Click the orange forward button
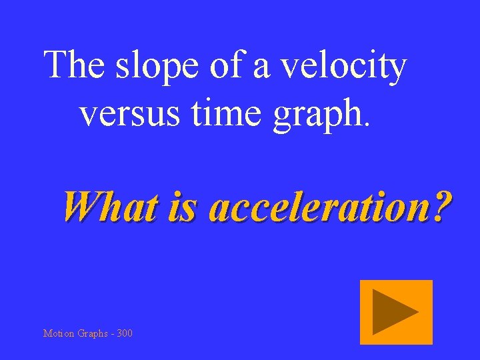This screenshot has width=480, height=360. [396, 312]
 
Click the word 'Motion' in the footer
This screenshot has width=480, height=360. [59, 333]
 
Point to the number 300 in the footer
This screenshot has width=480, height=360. [124, 333]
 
